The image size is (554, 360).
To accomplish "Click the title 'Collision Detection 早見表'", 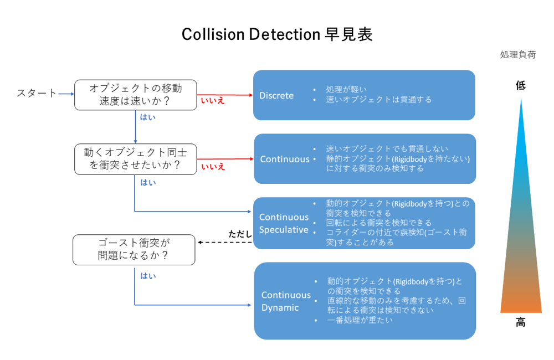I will click(x=277, y=34).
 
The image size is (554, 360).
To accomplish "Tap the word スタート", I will click(x=37, y=93).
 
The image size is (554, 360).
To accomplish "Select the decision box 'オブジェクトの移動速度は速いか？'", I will click(x=136, y=95).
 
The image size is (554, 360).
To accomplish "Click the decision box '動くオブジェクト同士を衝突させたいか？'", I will click(x=136, y=159).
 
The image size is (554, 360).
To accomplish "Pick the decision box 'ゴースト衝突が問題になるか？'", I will click(x=134, y=249).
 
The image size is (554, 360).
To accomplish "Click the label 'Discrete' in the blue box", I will click(x=276, y=95).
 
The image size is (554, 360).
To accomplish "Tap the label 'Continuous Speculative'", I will click(x=284, y=223).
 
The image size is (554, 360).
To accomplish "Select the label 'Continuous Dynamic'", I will click(x=286, y=301).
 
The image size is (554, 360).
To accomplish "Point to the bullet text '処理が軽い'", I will click(x=346, y=89).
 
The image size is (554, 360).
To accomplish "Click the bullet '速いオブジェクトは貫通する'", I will click(x=378, y=100).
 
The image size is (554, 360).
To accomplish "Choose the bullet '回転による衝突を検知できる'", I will click(x=379, y=223).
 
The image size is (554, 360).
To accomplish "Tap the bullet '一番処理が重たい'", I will click(x=360, y=320).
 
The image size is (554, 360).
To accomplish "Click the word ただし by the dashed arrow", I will click(x=240, y=234).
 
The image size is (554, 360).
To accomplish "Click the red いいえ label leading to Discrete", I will click(x=212, y=101).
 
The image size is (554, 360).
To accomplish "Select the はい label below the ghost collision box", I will click(x=148, y=276).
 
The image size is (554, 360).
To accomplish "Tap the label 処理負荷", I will click(x=518, y=55).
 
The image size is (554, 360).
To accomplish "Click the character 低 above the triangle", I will click(x=520, y=85).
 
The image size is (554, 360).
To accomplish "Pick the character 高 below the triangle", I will click(x=521, y=323).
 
